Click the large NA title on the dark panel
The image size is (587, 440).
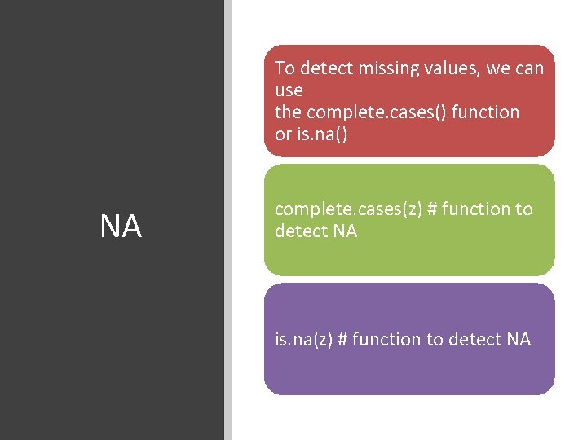point(121,227)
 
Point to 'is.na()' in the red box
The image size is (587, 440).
point(321,134)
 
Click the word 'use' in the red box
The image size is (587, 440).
point(289,90)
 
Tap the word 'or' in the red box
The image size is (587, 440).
point(283,134)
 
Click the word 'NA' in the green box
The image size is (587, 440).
point(345,231)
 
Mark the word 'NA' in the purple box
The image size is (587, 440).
point(519,339)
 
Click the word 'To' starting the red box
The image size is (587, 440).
point(285,68)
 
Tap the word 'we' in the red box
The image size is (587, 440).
point(498,68)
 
